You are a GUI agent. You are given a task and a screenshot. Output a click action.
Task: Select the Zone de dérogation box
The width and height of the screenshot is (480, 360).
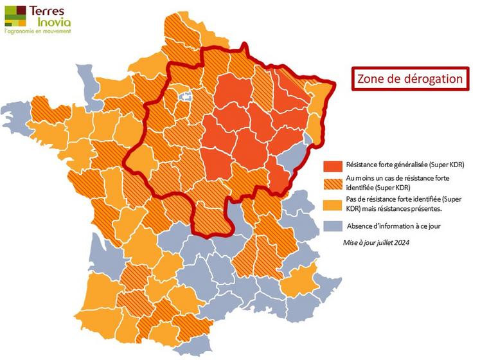(411, 79)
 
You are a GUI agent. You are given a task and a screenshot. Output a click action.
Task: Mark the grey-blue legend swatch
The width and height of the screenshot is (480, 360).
(332, 226)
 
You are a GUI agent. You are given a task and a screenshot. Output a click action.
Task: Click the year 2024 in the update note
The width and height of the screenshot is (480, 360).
(402, 243)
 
